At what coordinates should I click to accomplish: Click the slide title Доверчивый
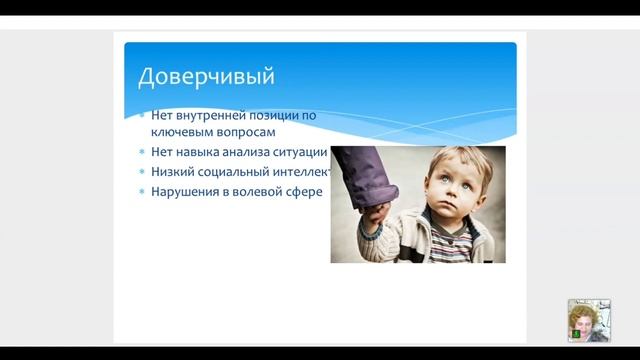pyautogui.click(x=205, y=76)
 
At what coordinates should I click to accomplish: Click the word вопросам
pyautogui.click(x=246, y=131)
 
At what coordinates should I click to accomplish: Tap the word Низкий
pyautogui.click(x=174, y=172)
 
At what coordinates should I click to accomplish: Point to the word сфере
pyautogui.click(x=306, y=192)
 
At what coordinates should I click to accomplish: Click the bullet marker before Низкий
pyautogui.click(x=142, y=172)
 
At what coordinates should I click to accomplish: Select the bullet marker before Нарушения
pyautogui.click(x=142, y=192)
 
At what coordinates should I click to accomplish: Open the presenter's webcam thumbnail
pyautogui.click(x=588, y=321)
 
